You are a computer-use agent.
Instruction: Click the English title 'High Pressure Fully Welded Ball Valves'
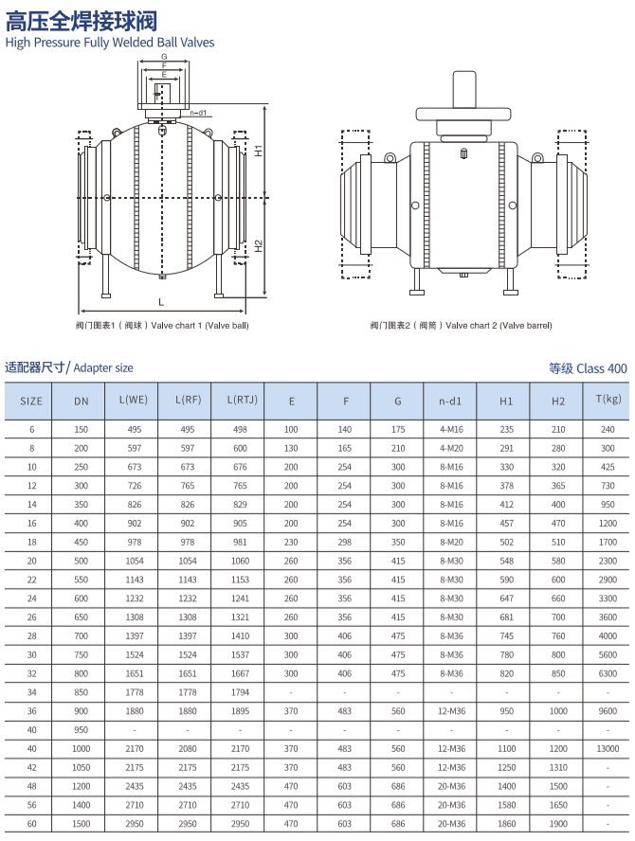pos(110,43)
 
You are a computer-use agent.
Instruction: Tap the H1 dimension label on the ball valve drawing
pos(259,151)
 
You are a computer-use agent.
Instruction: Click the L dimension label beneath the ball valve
pos(161,301)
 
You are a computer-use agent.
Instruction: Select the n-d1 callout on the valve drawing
pos(199,113)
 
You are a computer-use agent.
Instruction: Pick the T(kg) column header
pos(608,400)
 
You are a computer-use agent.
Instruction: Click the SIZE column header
pos(31,401)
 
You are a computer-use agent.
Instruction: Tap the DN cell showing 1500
pos(82,824)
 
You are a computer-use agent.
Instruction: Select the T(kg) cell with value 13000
pos(608,748)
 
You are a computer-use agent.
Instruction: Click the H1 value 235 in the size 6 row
pos(506,429)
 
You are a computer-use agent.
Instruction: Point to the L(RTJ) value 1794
pos(240,692)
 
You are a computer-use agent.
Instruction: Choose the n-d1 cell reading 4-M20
pos(451,448)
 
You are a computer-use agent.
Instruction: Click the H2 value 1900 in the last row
pos(558,824)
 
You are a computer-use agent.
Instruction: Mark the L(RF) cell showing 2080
pos(188,748)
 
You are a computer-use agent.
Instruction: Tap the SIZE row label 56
pos(31,805)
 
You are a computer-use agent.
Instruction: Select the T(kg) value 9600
pos(608,711)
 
